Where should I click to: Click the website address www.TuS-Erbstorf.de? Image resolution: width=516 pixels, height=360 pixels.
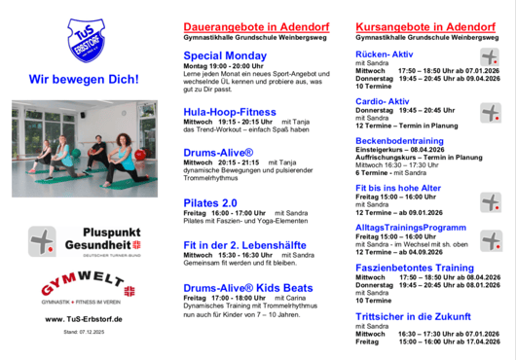pos(83,319)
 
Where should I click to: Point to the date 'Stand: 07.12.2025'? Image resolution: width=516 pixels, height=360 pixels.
pos(82,332)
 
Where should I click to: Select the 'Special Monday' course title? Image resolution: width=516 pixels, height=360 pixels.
pos(224,56)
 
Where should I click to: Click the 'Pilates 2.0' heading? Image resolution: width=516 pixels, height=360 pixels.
pos(210,202)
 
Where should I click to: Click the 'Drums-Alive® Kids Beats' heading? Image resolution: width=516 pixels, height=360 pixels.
pos(248,287)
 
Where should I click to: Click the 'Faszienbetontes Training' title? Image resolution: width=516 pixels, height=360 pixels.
pos(415,267)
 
